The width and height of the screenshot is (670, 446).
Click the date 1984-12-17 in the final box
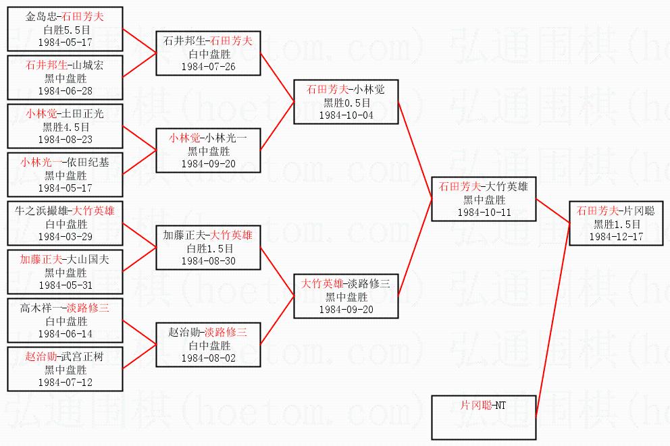tap(615, 237)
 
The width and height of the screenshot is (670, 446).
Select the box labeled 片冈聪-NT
tap(484, 418)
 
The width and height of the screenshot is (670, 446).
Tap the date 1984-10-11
tap(484, 213)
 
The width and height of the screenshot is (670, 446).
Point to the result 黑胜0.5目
tap(346, 103)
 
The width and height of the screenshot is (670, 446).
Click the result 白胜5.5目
tap(66, 30)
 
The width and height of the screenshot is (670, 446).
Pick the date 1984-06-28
tap(66, 90)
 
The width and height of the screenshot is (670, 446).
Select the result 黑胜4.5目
tap(66, 127)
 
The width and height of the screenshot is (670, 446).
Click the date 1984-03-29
tap(66, 236)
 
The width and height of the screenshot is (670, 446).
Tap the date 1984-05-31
tap(66, 285)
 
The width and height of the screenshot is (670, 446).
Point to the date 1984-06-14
tap(66, 333)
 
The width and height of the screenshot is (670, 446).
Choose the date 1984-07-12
tap(66, 382)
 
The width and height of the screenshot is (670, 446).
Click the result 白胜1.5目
tap(207, 248)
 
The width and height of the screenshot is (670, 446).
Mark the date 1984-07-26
tap(207, 66)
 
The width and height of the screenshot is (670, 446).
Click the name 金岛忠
tap(41, 17)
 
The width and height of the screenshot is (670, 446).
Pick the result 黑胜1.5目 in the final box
tap(616, 224)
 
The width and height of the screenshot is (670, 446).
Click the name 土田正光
tap(84, 114)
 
